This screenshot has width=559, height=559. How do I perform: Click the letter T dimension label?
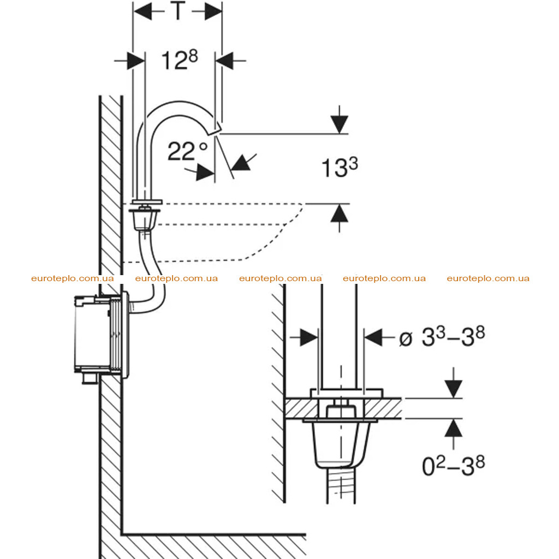coord(179,11)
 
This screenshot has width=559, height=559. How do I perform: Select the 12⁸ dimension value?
coord(179,60)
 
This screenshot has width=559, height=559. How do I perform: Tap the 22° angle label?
coord(188,151)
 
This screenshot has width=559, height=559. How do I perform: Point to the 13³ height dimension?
coord(340,167)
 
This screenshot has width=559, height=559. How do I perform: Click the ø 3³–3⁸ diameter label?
coord(442,337)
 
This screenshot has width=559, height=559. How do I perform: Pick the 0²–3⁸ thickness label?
coord(453,466)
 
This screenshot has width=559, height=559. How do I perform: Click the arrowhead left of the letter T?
coord(143,11)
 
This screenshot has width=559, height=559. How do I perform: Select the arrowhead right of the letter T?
coord(213,11)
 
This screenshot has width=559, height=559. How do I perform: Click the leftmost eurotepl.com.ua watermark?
coord(73,278)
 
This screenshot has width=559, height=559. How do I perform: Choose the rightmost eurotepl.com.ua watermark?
coord(488,278)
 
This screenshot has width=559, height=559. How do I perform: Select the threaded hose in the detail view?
coord(341,484)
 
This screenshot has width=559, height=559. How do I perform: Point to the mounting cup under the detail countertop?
coord(341,444)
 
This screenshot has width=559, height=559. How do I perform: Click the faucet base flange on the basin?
coord(147,202)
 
